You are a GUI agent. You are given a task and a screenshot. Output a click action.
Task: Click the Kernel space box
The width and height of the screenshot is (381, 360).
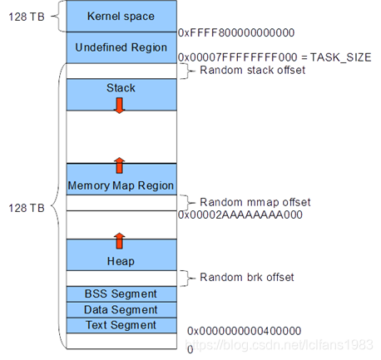point(121,16)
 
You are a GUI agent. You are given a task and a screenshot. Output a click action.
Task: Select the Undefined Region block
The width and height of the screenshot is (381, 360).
point(121,47)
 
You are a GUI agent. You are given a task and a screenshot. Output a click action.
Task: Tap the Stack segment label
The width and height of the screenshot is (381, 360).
point(121,87)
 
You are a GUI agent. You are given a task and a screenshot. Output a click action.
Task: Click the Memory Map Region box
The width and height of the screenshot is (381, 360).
point(121,185)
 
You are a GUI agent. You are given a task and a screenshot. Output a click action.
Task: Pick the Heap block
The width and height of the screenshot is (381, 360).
point(121,261)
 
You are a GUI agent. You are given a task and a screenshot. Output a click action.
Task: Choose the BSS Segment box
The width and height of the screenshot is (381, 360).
point(121,293)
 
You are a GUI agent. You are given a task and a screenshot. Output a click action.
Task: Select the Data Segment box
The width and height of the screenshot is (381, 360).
point(121,309)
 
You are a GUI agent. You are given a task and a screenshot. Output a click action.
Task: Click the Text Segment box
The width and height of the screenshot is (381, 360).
point(121,325)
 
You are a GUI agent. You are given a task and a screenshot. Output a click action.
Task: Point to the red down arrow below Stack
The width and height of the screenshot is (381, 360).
point(119,105)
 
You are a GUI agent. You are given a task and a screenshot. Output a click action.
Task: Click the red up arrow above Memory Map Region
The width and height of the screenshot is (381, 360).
point(119,165)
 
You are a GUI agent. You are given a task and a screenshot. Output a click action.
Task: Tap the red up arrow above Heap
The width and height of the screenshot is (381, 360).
point(119,241)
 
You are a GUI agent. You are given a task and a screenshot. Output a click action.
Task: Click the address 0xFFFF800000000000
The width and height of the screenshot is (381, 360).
point(236,32)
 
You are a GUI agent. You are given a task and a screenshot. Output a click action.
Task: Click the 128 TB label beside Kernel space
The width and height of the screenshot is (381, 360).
point(22,16)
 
